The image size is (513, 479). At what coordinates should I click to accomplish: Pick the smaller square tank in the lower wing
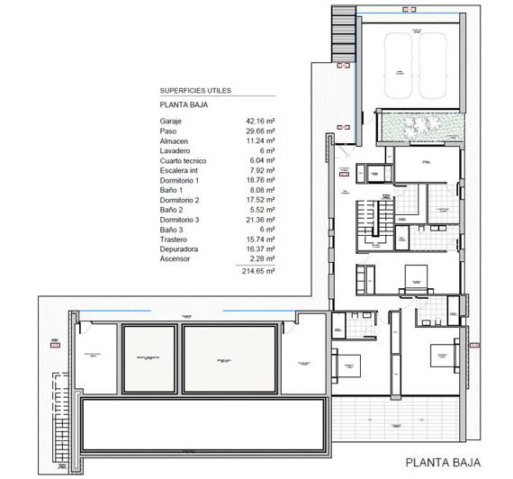coord(148,359)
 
